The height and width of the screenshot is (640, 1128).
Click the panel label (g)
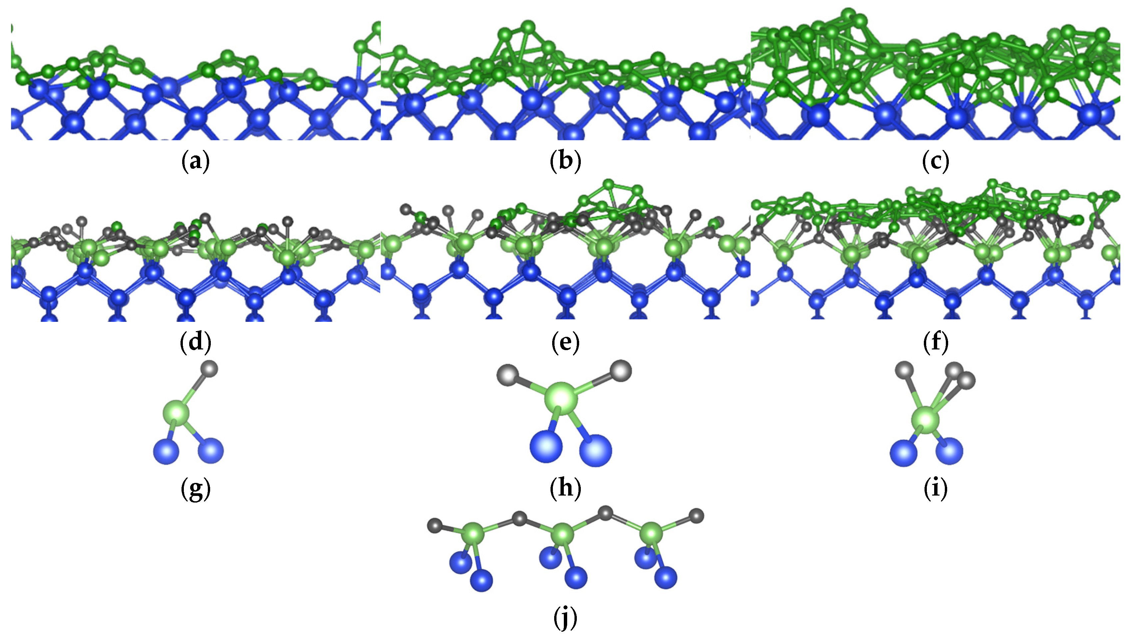pyautogui.click(x=195, y=489)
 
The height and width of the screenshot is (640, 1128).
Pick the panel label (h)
pyautogui.click(x=565, y=488)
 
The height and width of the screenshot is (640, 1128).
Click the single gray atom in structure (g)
pyautogui.click(x=209, y=368)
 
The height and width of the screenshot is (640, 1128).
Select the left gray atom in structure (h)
pyautogui.click(x=507, y=374)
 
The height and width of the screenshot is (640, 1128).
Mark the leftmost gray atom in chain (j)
pyautogui.click(x=435, y=525)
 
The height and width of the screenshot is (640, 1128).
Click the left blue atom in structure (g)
pyautogui.click(x=166, y=451)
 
